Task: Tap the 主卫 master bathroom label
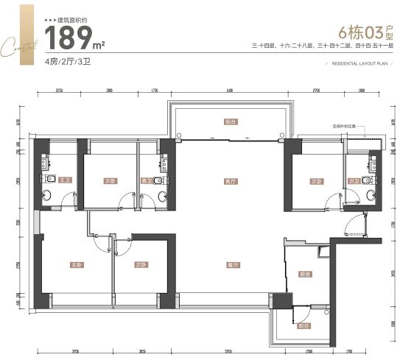65,180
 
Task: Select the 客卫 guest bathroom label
146,180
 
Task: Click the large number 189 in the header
70,37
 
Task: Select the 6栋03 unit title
359,33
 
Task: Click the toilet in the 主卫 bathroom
46,195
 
